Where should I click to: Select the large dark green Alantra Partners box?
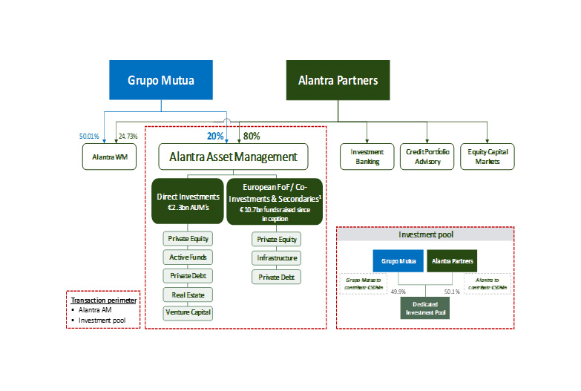pos(338,80)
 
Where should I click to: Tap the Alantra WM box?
pos(108,157)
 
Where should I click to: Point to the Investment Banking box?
pos(367,157)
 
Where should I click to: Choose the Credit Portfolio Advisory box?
pos(426,157)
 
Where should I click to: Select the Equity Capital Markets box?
pos(487,157)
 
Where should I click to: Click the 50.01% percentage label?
pos(89,137)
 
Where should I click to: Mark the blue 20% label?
pos(215,136)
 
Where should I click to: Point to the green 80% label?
pos(252,136)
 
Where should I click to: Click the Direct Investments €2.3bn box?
pos(187,201)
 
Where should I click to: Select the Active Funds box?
pos(187,257)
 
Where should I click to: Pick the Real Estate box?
pos(187,294)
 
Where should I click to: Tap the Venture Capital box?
pos(187,312)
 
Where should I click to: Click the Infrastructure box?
pos(277,257)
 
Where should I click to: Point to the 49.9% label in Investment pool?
pos(401,292)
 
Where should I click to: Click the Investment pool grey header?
pos(425,234)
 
